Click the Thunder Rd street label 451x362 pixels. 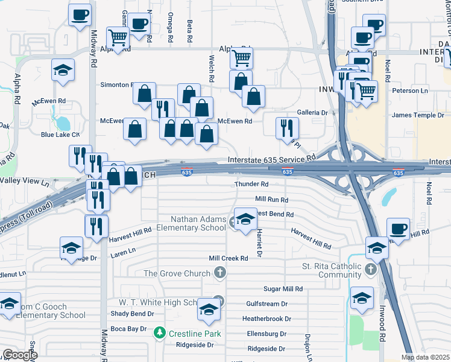point(251,184)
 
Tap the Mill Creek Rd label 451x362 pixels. point(229,258)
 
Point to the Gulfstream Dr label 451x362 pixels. point(266,304)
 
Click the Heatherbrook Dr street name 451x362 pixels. point(266,319)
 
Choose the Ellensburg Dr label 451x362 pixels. point(266,334)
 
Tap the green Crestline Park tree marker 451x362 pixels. point(159,333)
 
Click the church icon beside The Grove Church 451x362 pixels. point(221,274)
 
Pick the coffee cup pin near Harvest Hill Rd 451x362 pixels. point(398,229)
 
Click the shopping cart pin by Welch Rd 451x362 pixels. point(241,59)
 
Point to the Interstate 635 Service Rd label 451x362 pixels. point(272,159)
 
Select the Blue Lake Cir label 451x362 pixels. point(60,135)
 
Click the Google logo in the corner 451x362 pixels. point(20,355)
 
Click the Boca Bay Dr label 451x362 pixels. point(128,329)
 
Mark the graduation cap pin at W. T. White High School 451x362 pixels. point(209,310)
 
